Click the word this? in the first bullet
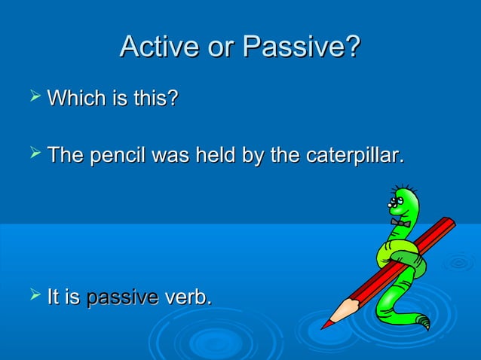(155, 99)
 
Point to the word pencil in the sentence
(118, 157)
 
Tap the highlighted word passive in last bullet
(121, 297)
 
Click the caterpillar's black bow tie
(400, 222)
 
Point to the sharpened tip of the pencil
(325, 325)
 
